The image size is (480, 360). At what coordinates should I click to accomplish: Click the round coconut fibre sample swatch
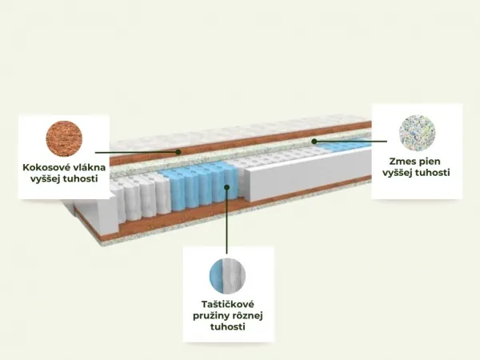(64, 138)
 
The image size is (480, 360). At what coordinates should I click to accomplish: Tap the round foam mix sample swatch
(418, 133)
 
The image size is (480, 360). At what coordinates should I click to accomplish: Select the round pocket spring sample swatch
(227, 276)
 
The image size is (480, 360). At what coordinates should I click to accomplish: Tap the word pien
(430, 162)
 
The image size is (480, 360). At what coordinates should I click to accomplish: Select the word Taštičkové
(227, 304)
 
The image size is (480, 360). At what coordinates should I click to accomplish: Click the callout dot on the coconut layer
(178, 151)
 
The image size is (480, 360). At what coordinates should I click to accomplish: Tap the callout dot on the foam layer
(314, 141)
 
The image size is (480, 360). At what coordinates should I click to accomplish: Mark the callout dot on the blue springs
(227, 187)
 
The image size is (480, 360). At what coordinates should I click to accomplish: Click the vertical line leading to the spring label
(227, 221)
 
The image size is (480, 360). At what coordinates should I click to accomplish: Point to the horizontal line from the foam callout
(350, 141)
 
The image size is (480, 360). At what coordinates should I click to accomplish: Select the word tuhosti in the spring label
(227, 327)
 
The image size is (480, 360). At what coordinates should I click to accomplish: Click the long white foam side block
(308, 176)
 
